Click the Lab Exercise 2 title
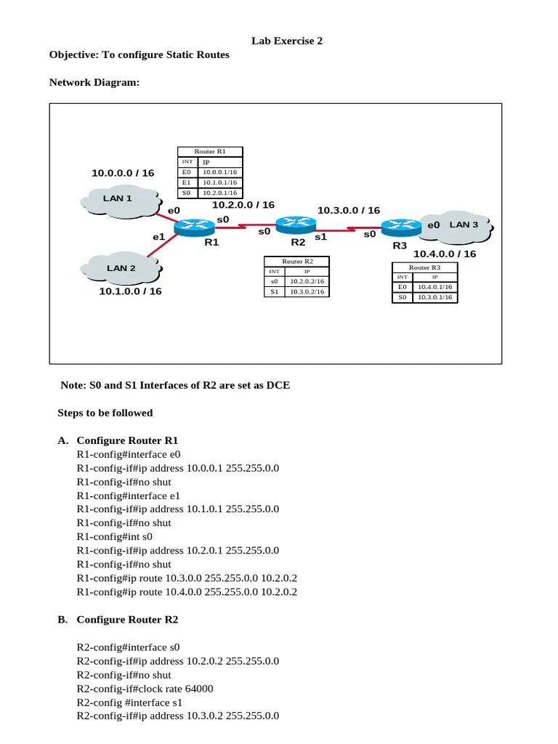tap(287, 41)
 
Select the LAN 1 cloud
tap(118, 198)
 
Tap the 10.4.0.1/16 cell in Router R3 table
tap(434, 287)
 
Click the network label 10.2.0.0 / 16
tap(243, 206)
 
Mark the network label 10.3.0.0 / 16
tap(349, 211)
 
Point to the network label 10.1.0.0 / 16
tap(130, 291)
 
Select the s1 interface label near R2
tap(320, 237)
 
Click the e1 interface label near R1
tap(158, 237)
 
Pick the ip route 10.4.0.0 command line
tap(187, 592)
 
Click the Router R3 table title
tap(424, 267)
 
